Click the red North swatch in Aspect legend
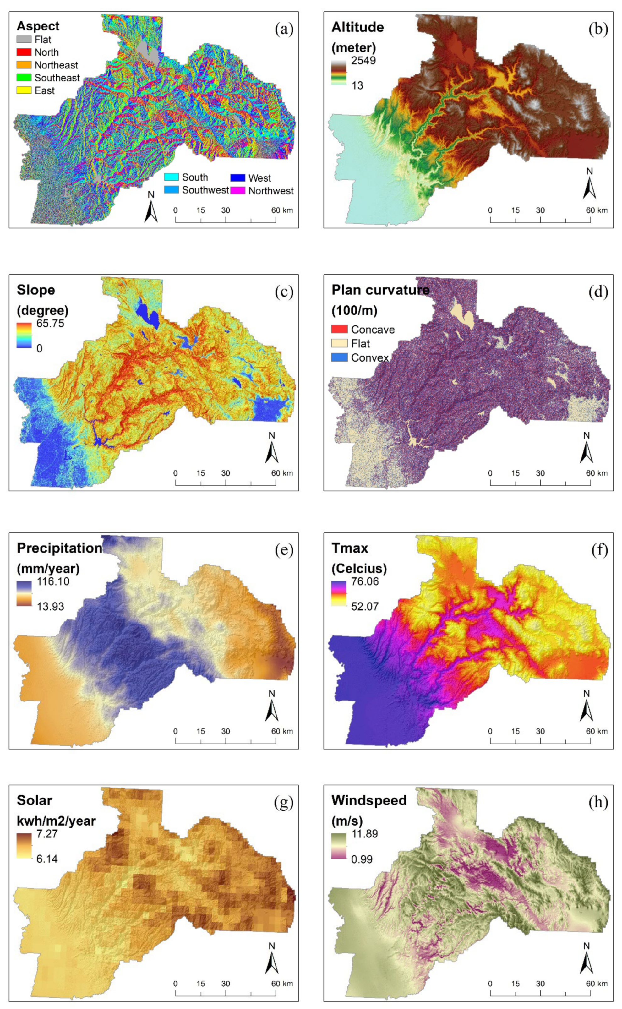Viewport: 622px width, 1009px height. [x=24, y=52]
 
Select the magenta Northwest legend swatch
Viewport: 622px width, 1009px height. [x=238, y=190]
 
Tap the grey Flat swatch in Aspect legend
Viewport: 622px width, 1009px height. [x=24, y=40]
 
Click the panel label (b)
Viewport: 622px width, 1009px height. [x=598, y=29]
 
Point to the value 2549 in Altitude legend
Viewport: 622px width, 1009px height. [x=363, y=60]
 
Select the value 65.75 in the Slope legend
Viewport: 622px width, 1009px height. [x=50, y=323]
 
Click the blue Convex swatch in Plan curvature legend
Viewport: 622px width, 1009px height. [x=339, y=357]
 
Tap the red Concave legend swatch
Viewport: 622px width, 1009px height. [x=339, y=329]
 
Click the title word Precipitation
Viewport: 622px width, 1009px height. [x=59, y=548]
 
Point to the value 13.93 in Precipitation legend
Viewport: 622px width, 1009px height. [x=50, y=606]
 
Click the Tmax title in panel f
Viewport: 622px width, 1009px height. [x=350, y=548]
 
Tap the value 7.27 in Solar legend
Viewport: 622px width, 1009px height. [x=47, y=834]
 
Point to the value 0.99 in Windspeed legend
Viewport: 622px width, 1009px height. [x=362, y=859]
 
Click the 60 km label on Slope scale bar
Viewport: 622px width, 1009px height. [x=282, y=473]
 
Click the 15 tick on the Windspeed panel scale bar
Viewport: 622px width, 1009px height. [x=516, y=984]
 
